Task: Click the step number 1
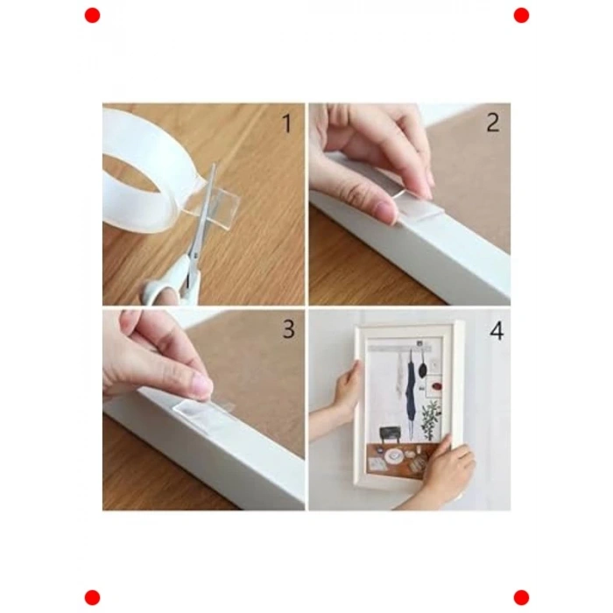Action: pos(287,123)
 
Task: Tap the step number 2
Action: pos(493,123)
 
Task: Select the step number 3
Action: pos(288,329)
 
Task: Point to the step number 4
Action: pos(497,332)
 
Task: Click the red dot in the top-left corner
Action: pos(92,16)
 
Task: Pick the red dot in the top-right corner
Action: pos(521,16)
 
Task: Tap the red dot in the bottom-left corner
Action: pos(92,598)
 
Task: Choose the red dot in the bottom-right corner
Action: pos(521,598)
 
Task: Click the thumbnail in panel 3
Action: pos(204,384)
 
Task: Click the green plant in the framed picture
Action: pos(431,419)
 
